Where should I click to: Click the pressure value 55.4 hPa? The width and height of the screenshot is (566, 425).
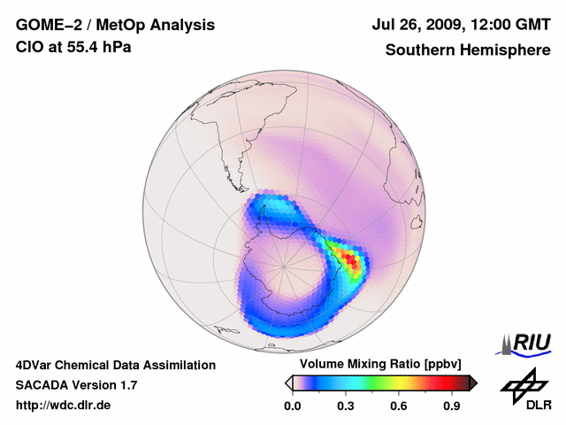(x=100, y=46)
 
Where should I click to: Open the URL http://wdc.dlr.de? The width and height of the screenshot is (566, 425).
(x=64, y=406)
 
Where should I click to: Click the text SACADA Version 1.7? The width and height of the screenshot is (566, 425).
(x=76, y=385)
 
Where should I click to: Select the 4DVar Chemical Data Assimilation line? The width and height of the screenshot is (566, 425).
(x=115, y=365)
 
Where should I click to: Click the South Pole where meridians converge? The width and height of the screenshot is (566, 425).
(x=283, y=265)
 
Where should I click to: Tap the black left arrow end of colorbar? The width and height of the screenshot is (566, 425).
(x=288, y=382)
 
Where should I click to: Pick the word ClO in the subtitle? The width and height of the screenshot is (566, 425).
(x=29, y=46)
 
